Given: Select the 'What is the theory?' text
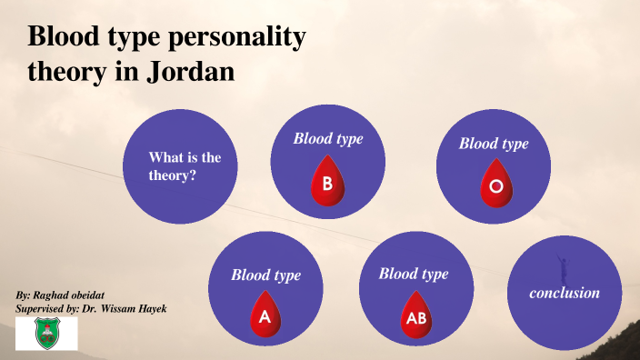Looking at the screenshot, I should point(185,166).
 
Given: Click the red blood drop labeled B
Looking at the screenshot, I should point(327,183).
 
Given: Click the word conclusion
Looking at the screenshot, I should point(565,293).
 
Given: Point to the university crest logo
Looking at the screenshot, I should point(46,334).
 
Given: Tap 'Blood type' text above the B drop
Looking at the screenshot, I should point(327,138).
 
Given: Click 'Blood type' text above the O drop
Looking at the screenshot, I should point(494,144).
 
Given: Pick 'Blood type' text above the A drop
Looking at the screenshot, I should point(265,275).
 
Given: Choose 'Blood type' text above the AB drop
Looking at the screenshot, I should point(414,274).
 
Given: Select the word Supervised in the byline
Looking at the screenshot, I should point(41,309).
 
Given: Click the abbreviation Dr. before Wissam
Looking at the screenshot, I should point(91,309).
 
